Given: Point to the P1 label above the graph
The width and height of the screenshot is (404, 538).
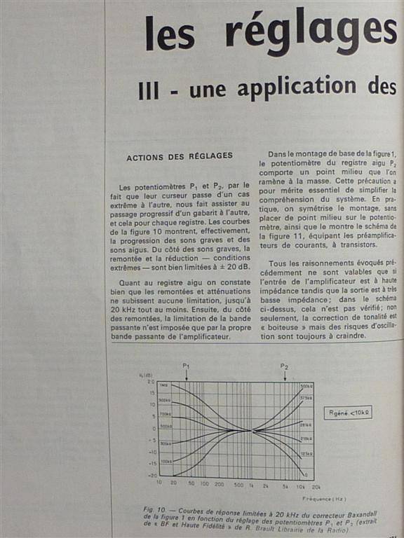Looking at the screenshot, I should tap(186, 366).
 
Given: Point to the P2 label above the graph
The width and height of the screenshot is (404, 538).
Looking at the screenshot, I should tap(284, 366).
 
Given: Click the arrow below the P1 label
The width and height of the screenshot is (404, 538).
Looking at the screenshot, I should tap(187, 375).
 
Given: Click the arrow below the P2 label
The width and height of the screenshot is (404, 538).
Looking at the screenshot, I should tap(285, 375).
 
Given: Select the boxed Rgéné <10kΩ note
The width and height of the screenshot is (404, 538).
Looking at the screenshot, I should tap(347, 412).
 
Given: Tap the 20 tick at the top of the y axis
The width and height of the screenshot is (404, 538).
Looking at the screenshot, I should tap(150, 382).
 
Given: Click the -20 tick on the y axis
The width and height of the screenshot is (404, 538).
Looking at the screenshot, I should tap(150, 475).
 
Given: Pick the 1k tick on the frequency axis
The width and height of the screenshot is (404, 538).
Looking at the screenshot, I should tap(251, 484).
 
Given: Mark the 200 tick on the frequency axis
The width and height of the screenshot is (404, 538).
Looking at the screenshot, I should tap(220, 484).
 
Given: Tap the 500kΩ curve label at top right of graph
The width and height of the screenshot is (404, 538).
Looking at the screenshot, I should tap(306, 386).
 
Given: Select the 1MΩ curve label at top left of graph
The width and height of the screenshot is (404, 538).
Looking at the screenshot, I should tap(163, 386).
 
